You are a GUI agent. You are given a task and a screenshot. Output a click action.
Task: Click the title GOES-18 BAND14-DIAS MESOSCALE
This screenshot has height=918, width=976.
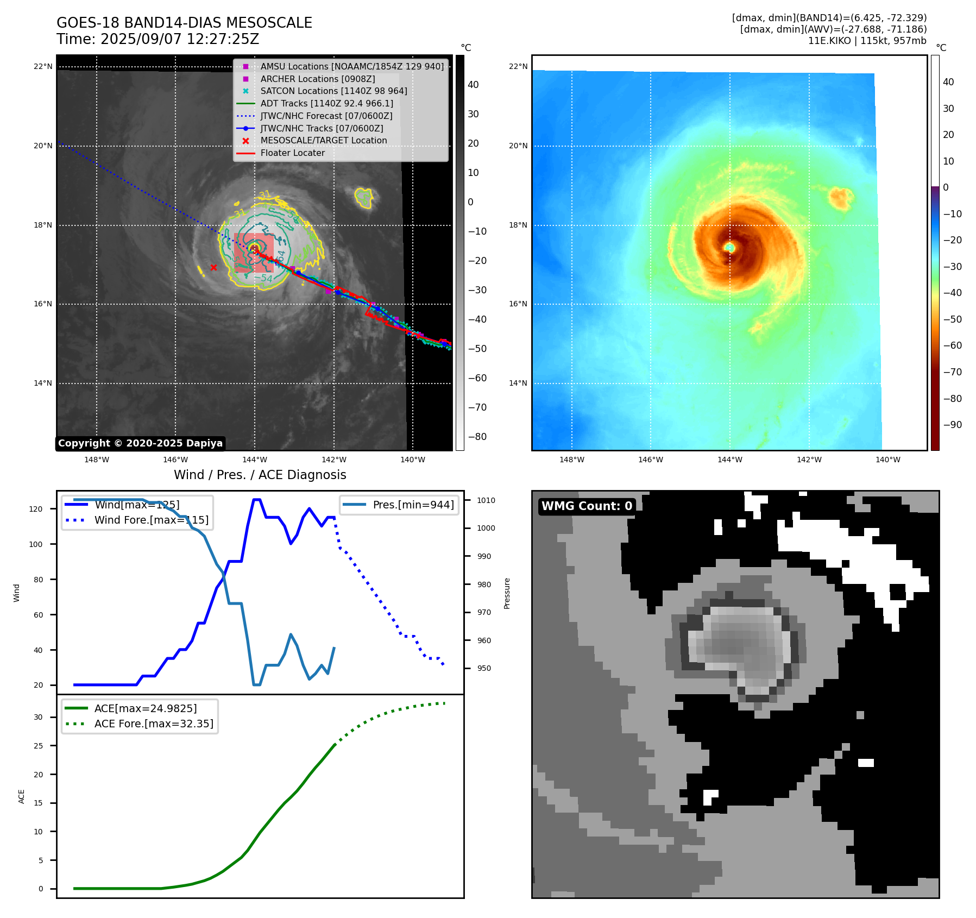coord(184,23)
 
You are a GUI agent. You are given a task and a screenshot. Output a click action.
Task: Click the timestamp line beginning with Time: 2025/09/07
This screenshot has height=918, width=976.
coord(158,39)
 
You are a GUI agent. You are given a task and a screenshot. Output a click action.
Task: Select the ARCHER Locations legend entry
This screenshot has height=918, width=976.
coord(317,79)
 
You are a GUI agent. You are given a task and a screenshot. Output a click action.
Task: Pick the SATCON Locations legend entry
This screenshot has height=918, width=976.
coord(333,91)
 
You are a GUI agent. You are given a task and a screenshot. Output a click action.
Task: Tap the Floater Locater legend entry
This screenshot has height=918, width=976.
coord(292,153)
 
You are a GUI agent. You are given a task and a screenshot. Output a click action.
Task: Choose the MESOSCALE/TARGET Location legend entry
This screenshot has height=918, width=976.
coord(323,141)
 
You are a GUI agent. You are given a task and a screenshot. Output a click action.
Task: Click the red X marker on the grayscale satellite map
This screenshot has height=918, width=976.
coord(213,267)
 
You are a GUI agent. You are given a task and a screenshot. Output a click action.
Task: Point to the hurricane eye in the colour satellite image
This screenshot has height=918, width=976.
coord(729,248)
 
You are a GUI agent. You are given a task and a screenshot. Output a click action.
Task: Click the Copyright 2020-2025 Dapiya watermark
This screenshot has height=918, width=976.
coord(140,443)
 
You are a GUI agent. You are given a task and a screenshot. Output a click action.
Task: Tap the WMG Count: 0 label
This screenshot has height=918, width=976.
coord(587,506)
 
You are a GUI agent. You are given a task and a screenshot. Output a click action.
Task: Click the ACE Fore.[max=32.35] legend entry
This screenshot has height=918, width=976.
coord(154,724)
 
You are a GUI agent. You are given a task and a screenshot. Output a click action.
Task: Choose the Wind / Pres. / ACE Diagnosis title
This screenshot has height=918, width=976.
coord(260,475)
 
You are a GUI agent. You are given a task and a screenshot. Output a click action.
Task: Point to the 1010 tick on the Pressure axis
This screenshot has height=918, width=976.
coord(486,500)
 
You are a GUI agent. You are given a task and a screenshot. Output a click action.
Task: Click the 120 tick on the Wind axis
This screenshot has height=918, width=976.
coord(36,509)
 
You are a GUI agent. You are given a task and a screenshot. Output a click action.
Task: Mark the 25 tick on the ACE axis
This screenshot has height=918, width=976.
coord(38,746)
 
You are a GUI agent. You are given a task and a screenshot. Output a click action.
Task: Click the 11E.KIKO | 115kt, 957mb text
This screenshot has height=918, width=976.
coord(867,41)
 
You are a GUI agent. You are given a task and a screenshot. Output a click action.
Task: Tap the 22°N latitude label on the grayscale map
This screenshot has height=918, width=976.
coord(43,67)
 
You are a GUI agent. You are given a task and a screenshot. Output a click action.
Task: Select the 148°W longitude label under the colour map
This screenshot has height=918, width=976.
coord(571,460)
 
